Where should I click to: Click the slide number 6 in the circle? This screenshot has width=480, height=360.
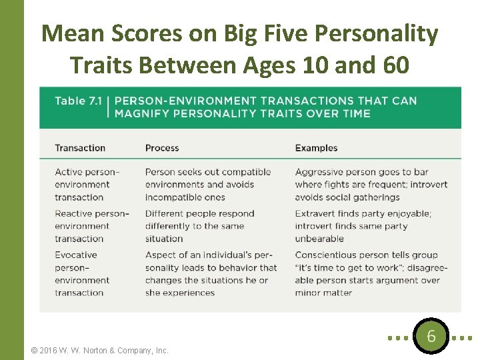[x=431, y=337]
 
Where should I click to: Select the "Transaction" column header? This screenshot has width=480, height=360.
[x=80, y=148]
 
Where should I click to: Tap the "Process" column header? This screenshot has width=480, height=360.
[x=162, y=148]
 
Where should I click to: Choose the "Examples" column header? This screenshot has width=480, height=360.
[x=316, y=148]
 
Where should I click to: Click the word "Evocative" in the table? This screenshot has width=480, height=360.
[x=76, y=255]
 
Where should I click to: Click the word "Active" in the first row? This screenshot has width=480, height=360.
[x=69, y=172]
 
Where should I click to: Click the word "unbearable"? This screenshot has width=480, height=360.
[x=319, y=239]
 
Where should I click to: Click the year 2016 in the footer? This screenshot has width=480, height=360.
[x=50, y=350]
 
